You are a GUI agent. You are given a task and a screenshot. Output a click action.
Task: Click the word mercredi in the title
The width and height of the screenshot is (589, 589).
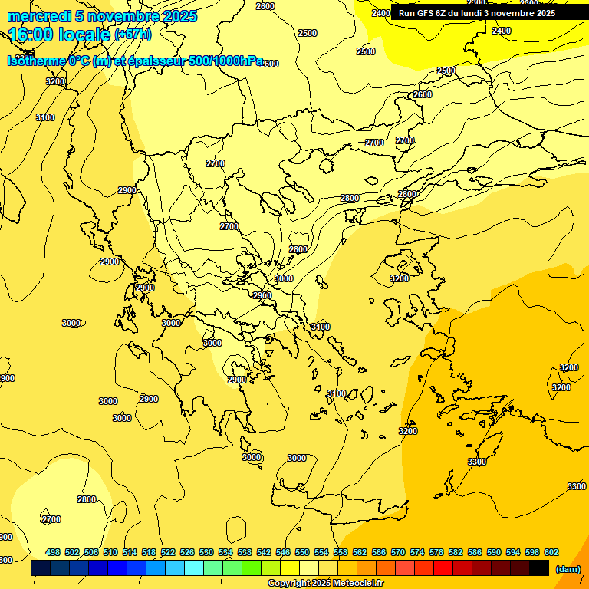tap(35, 16)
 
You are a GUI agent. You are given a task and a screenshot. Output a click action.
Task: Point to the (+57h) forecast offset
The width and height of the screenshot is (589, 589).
tap(133, 35)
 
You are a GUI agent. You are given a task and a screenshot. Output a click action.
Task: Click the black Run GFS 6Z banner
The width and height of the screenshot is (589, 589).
tap(477, 13)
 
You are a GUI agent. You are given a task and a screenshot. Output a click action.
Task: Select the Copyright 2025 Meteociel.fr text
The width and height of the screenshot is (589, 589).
tap(325, 584)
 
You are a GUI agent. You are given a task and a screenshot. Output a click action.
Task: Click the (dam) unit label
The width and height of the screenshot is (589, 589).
tap(568, 569)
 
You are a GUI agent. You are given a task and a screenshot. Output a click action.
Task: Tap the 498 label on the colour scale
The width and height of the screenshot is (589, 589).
tap(53, 552)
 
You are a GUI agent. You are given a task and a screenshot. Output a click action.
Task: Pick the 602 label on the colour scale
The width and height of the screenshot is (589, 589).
tap(551, 552)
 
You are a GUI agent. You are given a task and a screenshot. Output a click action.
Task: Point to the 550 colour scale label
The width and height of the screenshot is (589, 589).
tap(302, 552)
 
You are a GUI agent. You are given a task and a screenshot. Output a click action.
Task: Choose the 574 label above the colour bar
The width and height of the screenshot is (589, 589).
tap(417, 552)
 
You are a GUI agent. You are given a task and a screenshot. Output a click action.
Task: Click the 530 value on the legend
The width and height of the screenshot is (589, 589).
tap(206, 552)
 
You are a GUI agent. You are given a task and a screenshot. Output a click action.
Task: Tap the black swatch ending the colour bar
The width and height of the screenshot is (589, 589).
tap(539, 568)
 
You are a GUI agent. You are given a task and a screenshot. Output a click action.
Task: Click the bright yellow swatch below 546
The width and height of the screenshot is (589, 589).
tap(290, 568)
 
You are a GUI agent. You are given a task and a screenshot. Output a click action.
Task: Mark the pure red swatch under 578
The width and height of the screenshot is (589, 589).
tap(443, 568)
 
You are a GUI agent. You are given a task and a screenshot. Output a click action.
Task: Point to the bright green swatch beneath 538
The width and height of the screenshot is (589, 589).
tap(252, 568)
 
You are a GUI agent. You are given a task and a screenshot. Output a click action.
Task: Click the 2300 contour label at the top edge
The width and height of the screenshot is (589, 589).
tap(529, 3)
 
